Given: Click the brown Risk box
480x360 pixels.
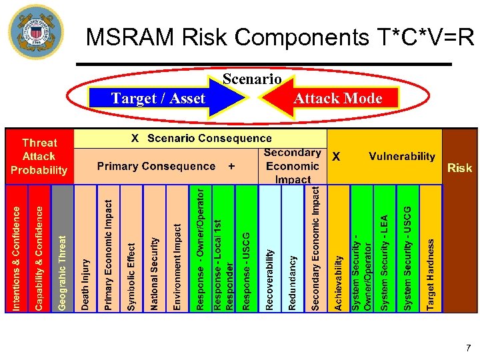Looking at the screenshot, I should pos(460,220).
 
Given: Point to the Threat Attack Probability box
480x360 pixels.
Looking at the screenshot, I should pos(39,156).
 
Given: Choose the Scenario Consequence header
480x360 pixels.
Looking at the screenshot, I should pos(201,139).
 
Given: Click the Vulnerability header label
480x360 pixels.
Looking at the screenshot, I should pos(401,156).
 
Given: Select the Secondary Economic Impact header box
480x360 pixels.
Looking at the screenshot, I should pos(292,165).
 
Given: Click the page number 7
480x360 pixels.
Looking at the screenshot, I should pos(468,347).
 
